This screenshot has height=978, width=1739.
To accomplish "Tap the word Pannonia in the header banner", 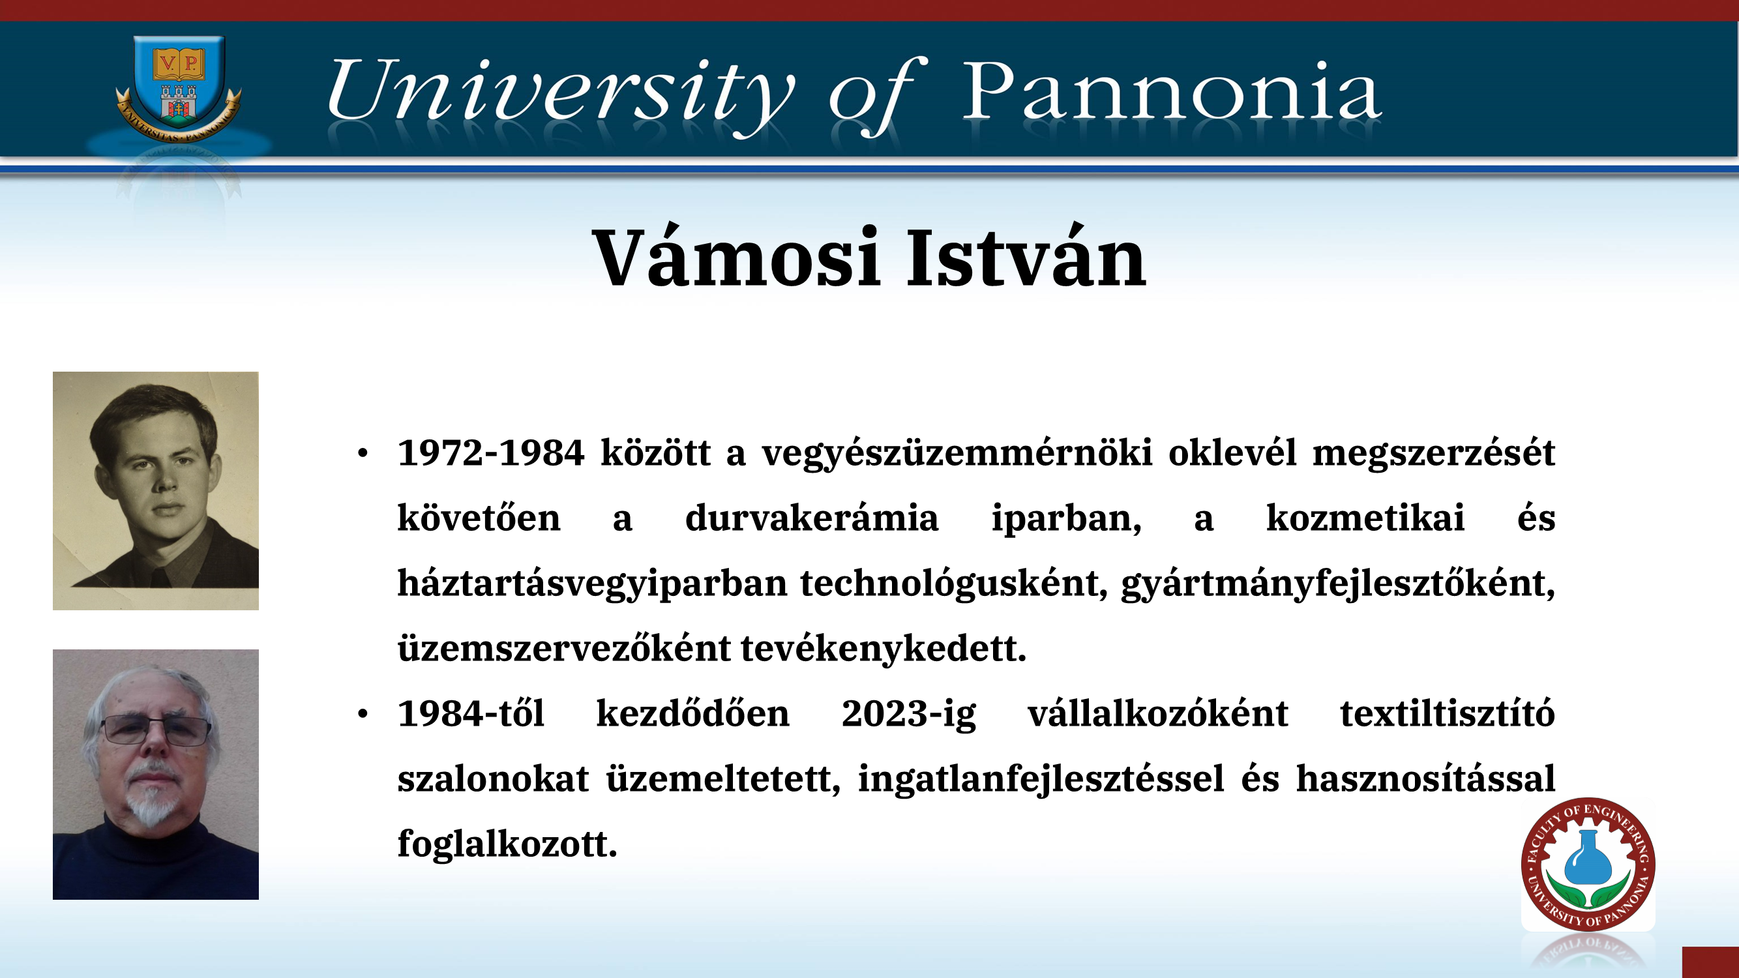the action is [x=1171, y=92].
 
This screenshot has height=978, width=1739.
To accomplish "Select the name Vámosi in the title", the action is [x=736, y=257].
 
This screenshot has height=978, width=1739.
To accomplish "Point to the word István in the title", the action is [x=1026, y=257].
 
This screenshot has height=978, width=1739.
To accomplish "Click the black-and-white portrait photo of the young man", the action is [x=156, y=491].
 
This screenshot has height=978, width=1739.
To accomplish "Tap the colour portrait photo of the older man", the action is [x=156, y=774].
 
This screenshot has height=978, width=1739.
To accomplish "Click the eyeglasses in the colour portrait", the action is [x=155, y=730].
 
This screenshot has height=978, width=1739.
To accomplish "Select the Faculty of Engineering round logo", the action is [x=1588, y=865].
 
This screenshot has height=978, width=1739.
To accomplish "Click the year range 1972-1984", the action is [x=491, y=453].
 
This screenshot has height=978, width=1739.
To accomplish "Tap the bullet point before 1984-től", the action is [x=363, y=713].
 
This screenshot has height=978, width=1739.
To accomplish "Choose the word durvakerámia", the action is [x=811, y=518].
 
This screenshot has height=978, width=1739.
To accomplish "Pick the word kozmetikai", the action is [x=1365, y=518].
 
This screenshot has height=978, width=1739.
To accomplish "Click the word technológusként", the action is [x=954, y=584].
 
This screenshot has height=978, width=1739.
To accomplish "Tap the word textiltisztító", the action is [x=1448, y=713].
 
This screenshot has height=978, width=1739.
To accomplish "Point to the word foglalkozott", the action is [x=508, y=844].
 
